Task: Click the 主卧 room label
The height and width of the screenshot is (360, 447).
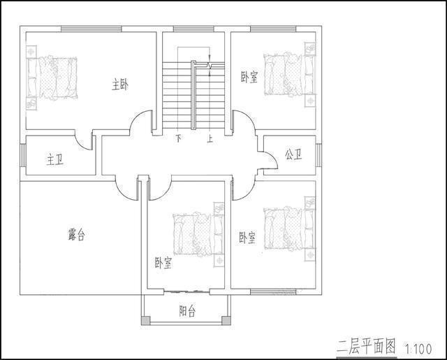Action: point(119,85)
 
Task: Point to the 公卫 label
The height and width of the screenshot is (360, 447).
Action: point(293,154)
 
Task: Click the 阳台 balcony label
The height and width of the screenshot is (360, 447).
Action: point(187,310)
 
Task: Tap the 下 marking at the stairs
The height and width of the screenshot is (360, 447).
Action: point(179,138)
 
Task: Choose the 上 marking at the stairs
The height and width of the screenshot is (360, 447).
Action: point(210,138)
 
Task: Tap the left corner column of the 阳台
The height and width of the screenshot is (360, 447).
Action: point(145,320)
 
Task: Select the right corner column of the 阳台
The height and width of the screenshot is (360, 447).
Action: point(225,320)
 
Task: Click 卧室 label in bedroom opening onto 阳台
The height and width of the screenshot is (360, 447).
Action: point(163,264)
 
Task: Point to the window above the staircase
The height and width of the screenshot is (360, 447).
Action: point(193,29)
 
